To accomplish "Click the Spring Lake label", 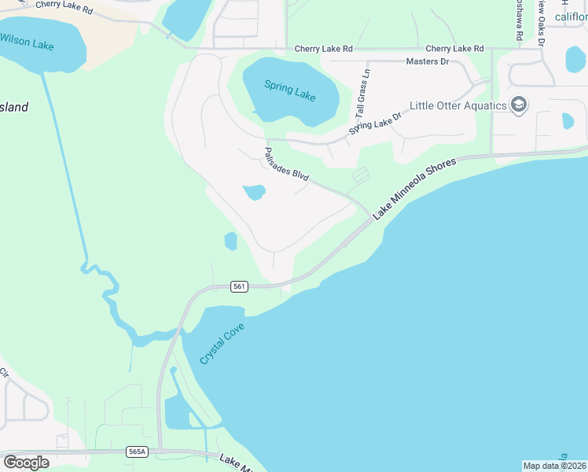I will (x=290, y=91).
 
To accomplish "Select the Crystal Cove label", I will (x=222, y=343).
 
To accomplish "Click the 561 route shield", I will (x=240, y=286).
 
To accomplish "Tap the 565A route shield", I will (x=136, y=452).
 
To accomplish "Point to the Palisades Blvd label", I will (x=287, y=164).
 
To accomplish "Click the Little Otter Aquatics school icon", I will (x=518, y=105).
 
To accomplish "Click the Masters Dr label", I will (x=428, y=61).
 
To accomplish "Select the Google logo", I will (x=26, y=462).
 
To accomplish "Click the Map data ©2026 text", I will (x=553, y=466).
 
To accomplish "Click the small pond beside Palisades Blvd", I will (x=253, y=192).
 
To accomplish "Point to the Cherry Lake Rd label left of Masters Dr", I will (x=324, y=49).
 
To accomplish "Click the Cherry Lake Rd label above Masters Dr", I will (x=454, y=49).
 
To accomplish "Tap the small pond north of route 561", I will (x=230, y=241).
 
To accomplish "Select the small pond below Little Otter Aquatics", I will (x=568, y=121).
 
